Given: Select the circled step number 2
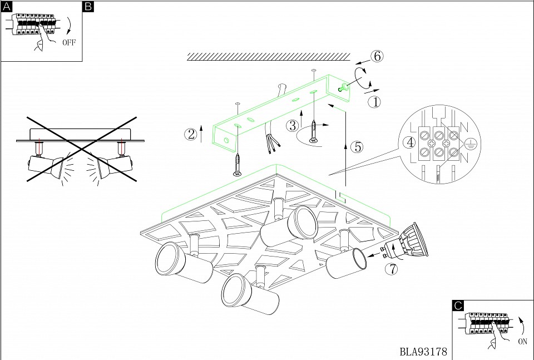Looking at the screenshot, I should point(191,134).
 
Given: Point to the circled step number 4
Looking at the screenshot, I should point(410,142).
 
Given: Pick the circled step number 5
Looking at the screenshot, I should point(357,147).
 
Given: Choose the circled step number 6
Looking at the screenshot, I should point(377,56).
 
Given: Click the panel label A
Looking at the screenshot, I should point(6,7).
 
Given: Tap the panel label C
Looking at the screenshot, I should point(458,305).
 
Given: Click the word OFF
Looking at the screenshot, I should point(69,42).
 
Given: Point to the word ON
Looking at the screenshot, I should point(522,342).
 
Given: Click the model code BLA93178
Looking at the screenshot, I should point(423,352).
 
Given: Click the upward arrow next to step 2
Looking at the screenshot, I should point(201,134).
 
